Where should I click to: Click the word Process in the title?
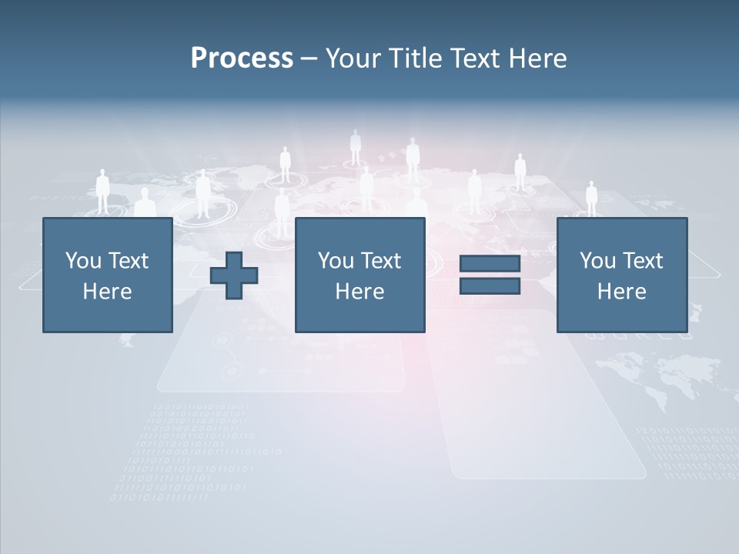tap(242, 58)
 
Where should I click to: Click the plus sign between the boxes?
tap(234, 275)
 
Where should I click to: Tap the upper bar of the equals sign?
tap(490, 264)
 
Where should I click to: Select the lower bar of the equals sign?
tap(490, 286)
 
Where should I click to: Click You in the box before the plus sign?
tap(82, 261)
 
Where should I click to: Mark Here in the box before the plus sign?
tap(107, 292)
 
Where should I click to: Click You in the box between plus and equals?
tap(334, 261)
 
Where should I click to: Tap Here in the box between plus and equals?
tap(359, 292)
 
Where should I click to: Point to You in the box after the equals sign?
tap(596, 261)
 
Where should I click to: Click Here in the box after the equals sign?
tap(621, 292)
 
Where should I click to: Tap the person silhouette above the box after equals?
tap(591, 199)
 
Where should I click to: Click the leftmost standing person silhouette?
tap(102, 192)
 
